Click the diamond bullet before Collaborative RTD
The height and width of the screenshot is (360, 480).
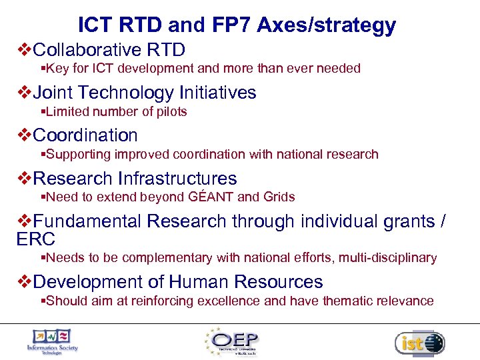(x=23, y=49)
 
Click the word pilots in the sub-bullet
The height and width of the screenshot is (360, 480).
(x=171, y=111)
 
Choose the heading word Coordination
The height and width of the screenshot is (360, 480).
(x=85, y=135)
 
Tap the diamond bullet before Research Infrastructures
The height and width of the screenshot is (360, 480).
(x=23, y=178)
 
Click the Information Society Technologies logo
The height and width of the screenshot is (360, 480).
(x=52, y=341)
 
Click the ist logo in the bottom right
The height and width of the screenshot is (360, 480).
(x=419, y=343)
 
